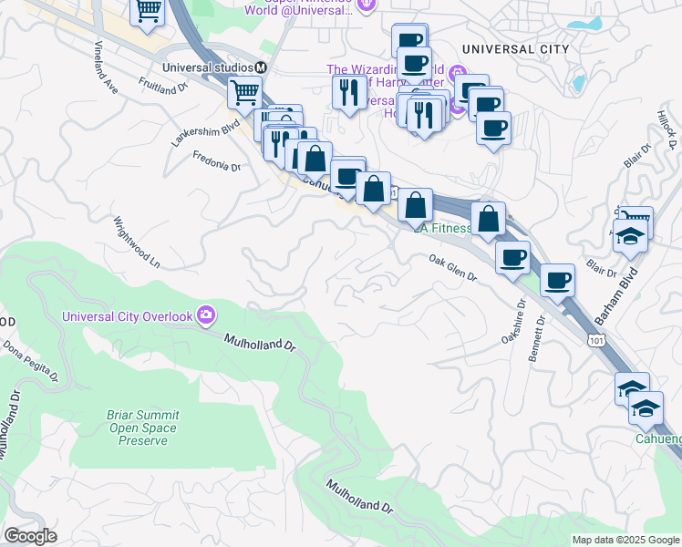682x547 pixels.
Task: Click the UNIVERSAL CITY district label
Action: [x=515, y=49]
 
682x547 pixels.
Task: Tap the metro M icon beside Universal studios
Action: [x=261, y=67]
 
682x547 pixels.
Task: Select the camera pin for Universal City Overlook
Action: [x=207, y=315]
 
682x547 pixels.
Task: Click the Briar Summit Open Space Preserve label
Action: [x=143, y=428]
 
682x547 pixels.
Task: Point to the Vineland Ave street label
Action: [x=105, y=67]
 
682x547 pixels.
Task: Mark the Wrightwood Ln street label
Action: [x=136, y=243]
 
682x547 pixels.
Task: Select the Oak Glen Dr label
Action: [x=453, y=268]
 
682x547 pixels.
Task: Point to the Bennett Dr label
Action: [x=537, y=339]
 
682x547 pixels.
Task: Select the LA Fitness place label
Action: [x=443, y=229]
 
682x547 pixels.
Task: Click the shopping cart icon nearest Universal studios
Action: [x=244, y=92]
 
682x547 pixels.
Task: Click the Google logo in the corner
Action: [x=30, y=536]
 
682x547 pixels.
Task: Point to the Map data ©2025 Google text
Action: [x=625, y=540]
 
